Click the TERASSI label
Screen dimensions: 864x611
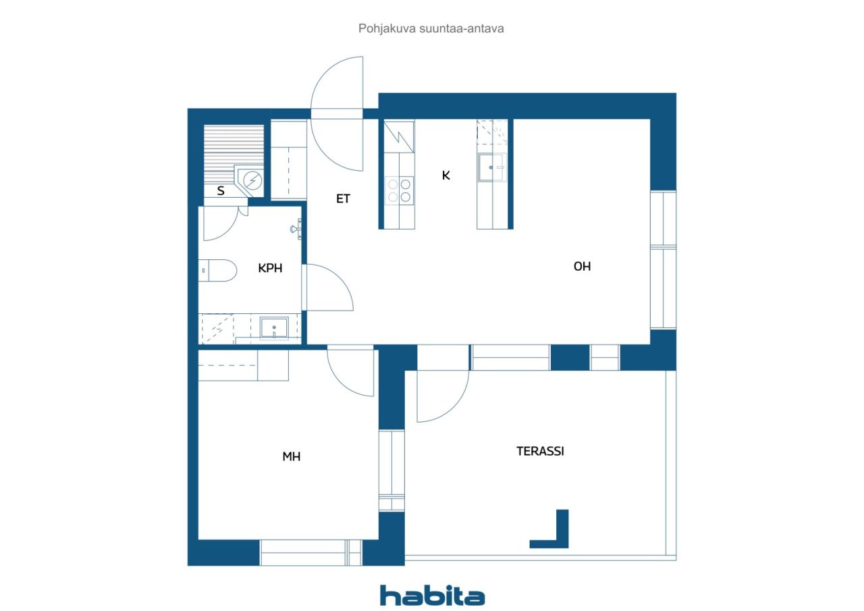click(540, 451)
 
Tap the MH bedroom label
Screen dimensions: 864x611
click(291, 456)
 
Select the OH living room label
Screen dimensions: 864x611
click(582, 266)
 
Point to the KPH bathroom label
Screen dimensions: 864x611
click(270, 268)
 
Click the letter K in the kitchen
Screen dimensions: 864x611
click(446, 176)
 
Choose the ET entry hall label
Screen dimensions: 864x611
click(343, 198)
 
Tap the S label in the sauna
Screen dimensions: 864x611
click(221, 190)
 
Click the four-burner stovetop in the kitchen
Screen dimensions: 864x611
click(399, 190)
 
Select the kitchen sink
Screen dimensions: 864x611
click(492, 167)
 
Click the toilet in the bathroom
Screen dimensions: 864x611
click(217, 271)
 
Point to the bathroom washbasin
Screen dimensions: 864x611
click(274, 328)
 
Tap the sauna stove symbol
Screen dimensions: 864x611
click(253, 180)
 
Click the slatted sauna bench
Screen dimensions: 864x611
click(234, 154)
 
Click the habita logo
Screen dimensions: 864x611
click(432, 595)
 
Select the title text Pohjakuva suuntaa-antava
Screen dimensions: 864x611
click(431, 28)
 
